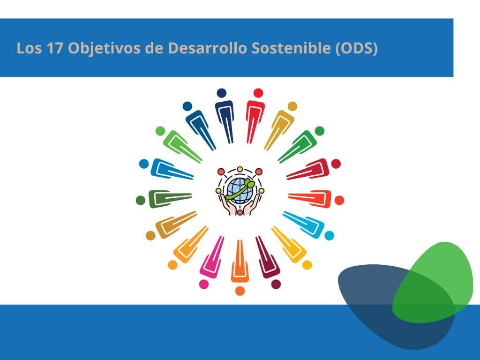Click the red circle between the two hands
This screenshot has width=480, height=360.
click(240, 212)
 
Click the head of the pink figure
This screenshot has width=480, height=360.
click(204, 284)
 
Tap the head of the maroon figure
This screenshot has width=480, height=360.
click(276, 284)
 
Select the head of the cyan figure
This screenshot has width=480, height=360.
click(330, 235)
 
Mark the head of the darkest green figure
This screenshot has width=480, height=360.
click(141, 201)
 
